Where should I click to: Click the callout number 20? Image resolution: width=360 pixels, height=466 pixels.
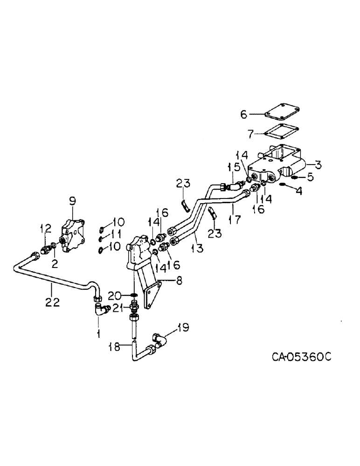pyautogui.click(x=115, y=295)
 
